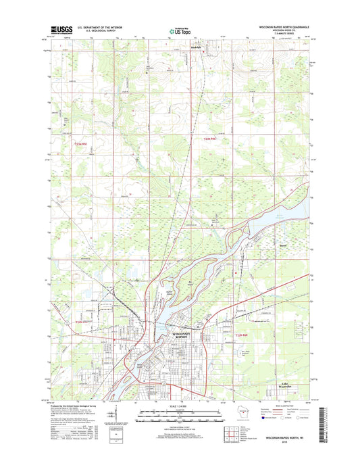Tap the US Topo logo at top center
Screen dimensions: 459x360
coord(180,30)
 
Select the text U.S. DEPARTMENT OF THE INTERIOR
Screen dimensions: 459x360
coord(97,27)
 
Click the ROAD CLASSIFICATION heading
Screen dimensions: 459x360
coord(282,407)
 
